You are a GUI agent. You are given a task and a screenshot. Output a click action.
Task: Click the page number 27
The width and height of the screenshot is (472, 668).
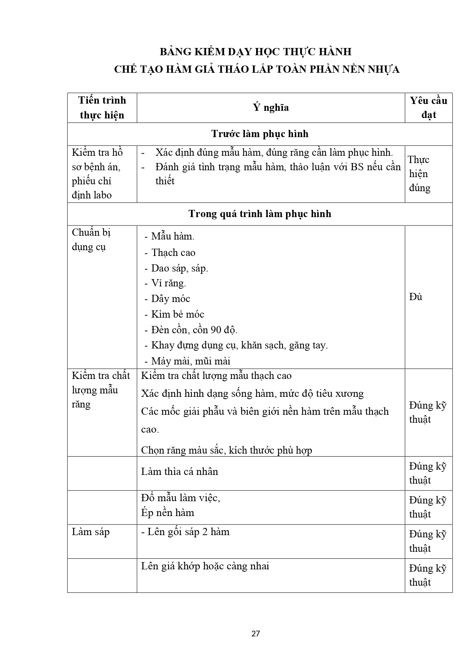(256, 634)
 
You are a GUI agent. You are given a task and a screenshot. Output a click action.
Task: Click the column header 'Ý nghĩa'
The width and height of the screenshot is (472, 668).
(271, 108)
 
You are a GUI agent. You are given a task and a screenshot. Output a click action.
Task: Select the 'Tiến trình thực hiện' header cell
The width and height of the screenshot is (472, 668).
(102, 108)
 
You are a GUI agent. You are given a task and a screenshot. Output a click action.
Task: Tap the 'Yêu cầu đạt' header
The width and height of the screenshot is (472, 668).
(428, 108)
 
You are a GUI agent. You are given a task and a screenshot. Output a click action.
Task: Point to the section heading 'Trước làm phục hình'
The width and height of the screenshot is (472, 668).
(260, 134)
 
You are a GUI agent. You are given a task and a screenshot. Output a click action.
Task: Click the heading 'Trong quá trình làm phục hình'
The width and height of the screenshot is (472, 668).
(260, 214)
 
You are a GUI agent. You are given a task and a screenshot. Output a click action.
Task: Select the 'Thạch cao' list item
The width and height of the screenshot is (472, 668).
(173, 252)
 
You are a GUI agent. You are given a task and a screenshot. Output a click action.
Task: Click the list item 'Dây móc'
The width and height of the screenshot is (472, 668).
(170, 299)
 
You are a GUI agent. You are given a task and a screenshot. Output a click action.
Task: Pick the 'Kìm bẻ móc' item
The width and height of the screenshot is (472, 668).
(177, 314)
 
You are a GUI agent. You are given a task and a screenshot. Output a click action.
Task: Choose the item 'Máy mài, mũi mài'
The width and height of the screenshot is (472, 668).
(191, 361)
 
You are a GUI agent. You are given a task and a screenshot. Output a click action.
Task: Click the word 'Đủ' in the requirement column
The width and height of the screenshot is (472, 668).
(416, 297)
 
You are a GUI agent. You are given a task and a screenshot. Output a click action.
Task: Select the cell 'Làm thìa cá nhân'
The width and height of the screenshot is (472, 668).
(180, 472)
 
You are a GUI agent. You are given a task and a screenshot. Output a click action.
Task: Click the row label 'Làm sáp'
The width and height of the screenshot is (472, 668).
(91, 532)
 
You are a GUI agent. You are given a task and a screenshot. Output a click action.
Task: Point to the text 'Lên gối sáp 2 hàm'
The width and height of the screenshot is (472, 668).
(188, 532)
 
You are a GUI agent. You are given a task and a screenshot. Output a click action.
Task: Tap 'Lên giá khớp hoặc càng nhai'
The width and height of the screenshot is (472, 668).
(205, 566)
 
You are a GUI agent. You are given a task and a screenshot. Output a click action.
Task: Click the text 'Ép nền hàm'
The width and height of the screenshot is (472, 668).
(168, 513)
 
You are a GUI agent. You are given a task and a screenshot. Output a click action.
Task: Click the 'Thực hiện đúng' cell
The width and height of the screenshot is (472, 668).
(419, 174)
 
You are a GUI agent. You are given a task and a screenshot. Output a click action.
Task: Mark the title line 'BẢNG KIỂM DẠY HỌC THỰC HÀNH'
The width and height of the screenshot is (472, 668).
(255, 52)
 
